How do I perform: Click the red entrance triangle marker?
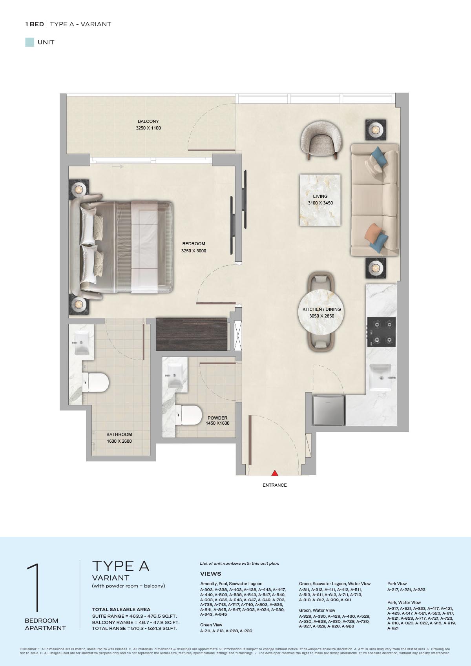pos(275,473)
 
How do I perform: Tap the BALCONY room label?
pos(148,121)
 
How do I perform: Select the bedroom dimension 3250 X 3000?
pos(194,251)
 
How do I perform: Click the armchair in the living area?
pos(321,140)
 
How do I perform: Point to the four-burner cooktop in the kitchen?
pos(382,332)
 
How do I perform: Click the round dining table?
pos(321,312)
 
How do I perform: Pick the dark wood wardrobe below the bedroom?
pos(192,334)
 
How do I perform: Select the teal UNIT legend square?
pos(30,42)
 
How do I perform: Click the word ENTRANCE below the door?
pos(275,485)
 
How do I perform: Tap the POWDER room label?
pos(217,418)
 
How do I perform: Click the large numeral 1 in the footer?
pos(34,587)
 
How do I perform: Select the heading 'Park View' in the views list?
pos(397,584)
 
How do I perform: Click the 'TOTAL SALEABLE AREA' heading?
pos(121,609)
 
